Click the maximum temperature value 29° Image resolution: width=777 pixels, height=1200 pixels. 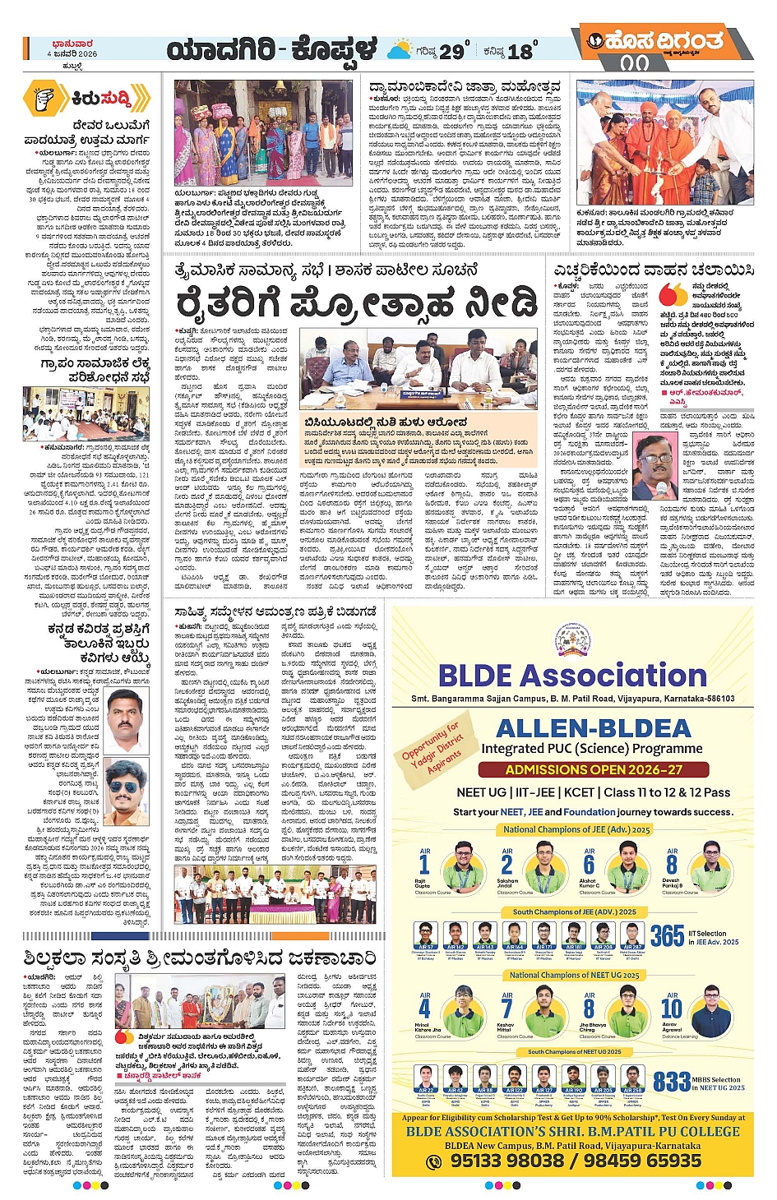453,51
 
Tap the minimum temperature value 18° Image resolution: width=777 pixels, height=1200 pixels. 521,51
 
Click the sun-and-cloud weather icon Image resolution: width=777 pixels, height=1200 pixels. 400,50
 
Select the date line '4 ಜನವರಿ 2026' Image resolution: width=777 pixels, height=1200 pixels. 72,53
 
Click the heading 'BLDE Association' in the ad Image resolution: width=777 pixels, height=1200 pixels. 572,676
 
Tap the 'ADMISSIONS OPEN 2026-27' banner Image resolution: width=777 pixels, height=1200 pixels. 594,769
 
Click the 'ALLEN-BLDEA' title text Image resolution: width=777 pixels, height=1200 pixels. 594,728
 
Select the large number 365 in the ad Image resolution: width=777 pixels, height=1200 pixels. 667,935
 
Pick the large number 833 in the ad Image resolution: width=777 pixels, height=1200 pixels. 672,1081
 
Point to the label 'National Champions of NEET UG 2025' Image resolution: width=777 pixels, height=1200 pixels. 574,975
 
